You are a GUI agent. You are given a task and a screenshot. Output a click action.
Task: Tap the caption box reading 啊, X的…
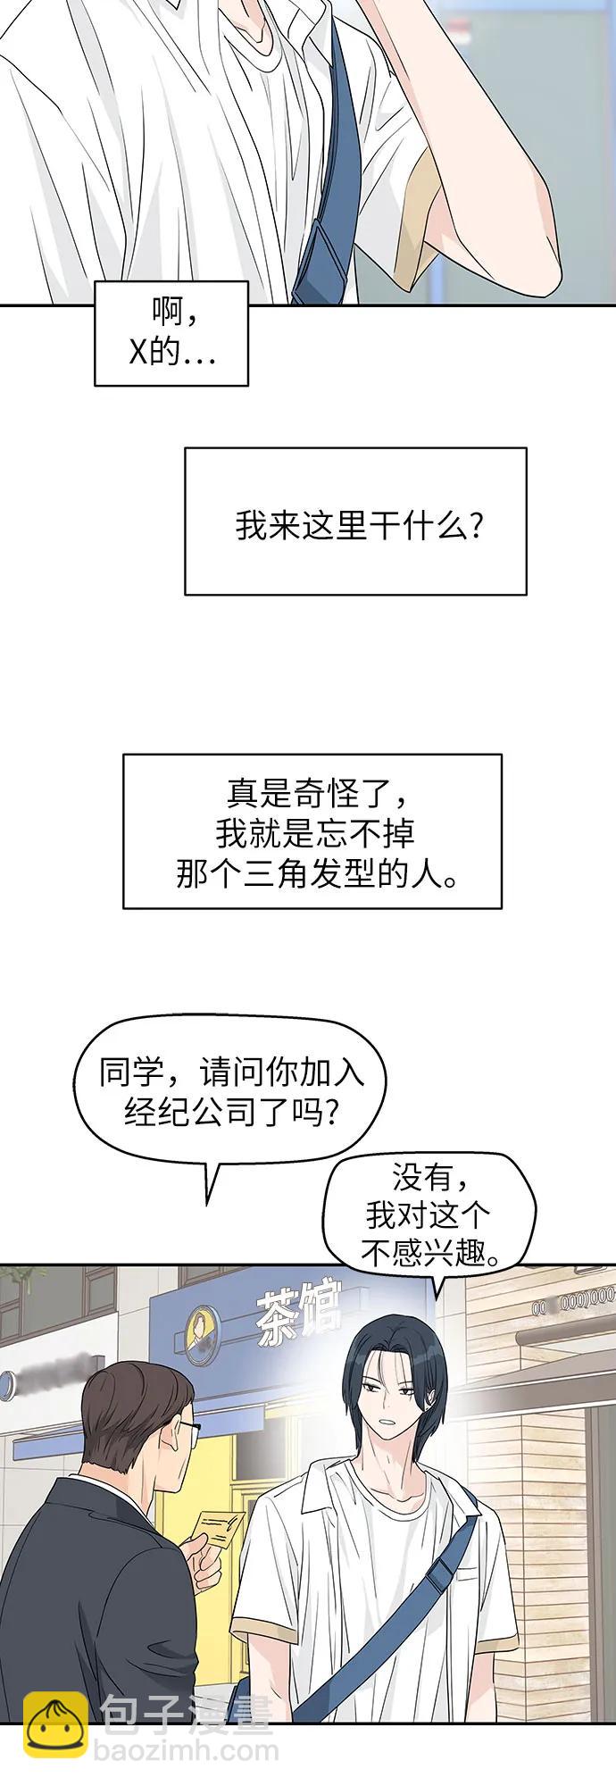[171, 332]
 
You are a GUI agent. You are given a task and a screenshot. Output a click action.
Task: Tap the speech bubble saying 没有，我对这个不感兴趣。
[429, 1214]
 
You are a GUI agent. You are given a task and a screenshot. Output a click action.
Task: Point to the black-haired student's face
[393, 1393]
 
